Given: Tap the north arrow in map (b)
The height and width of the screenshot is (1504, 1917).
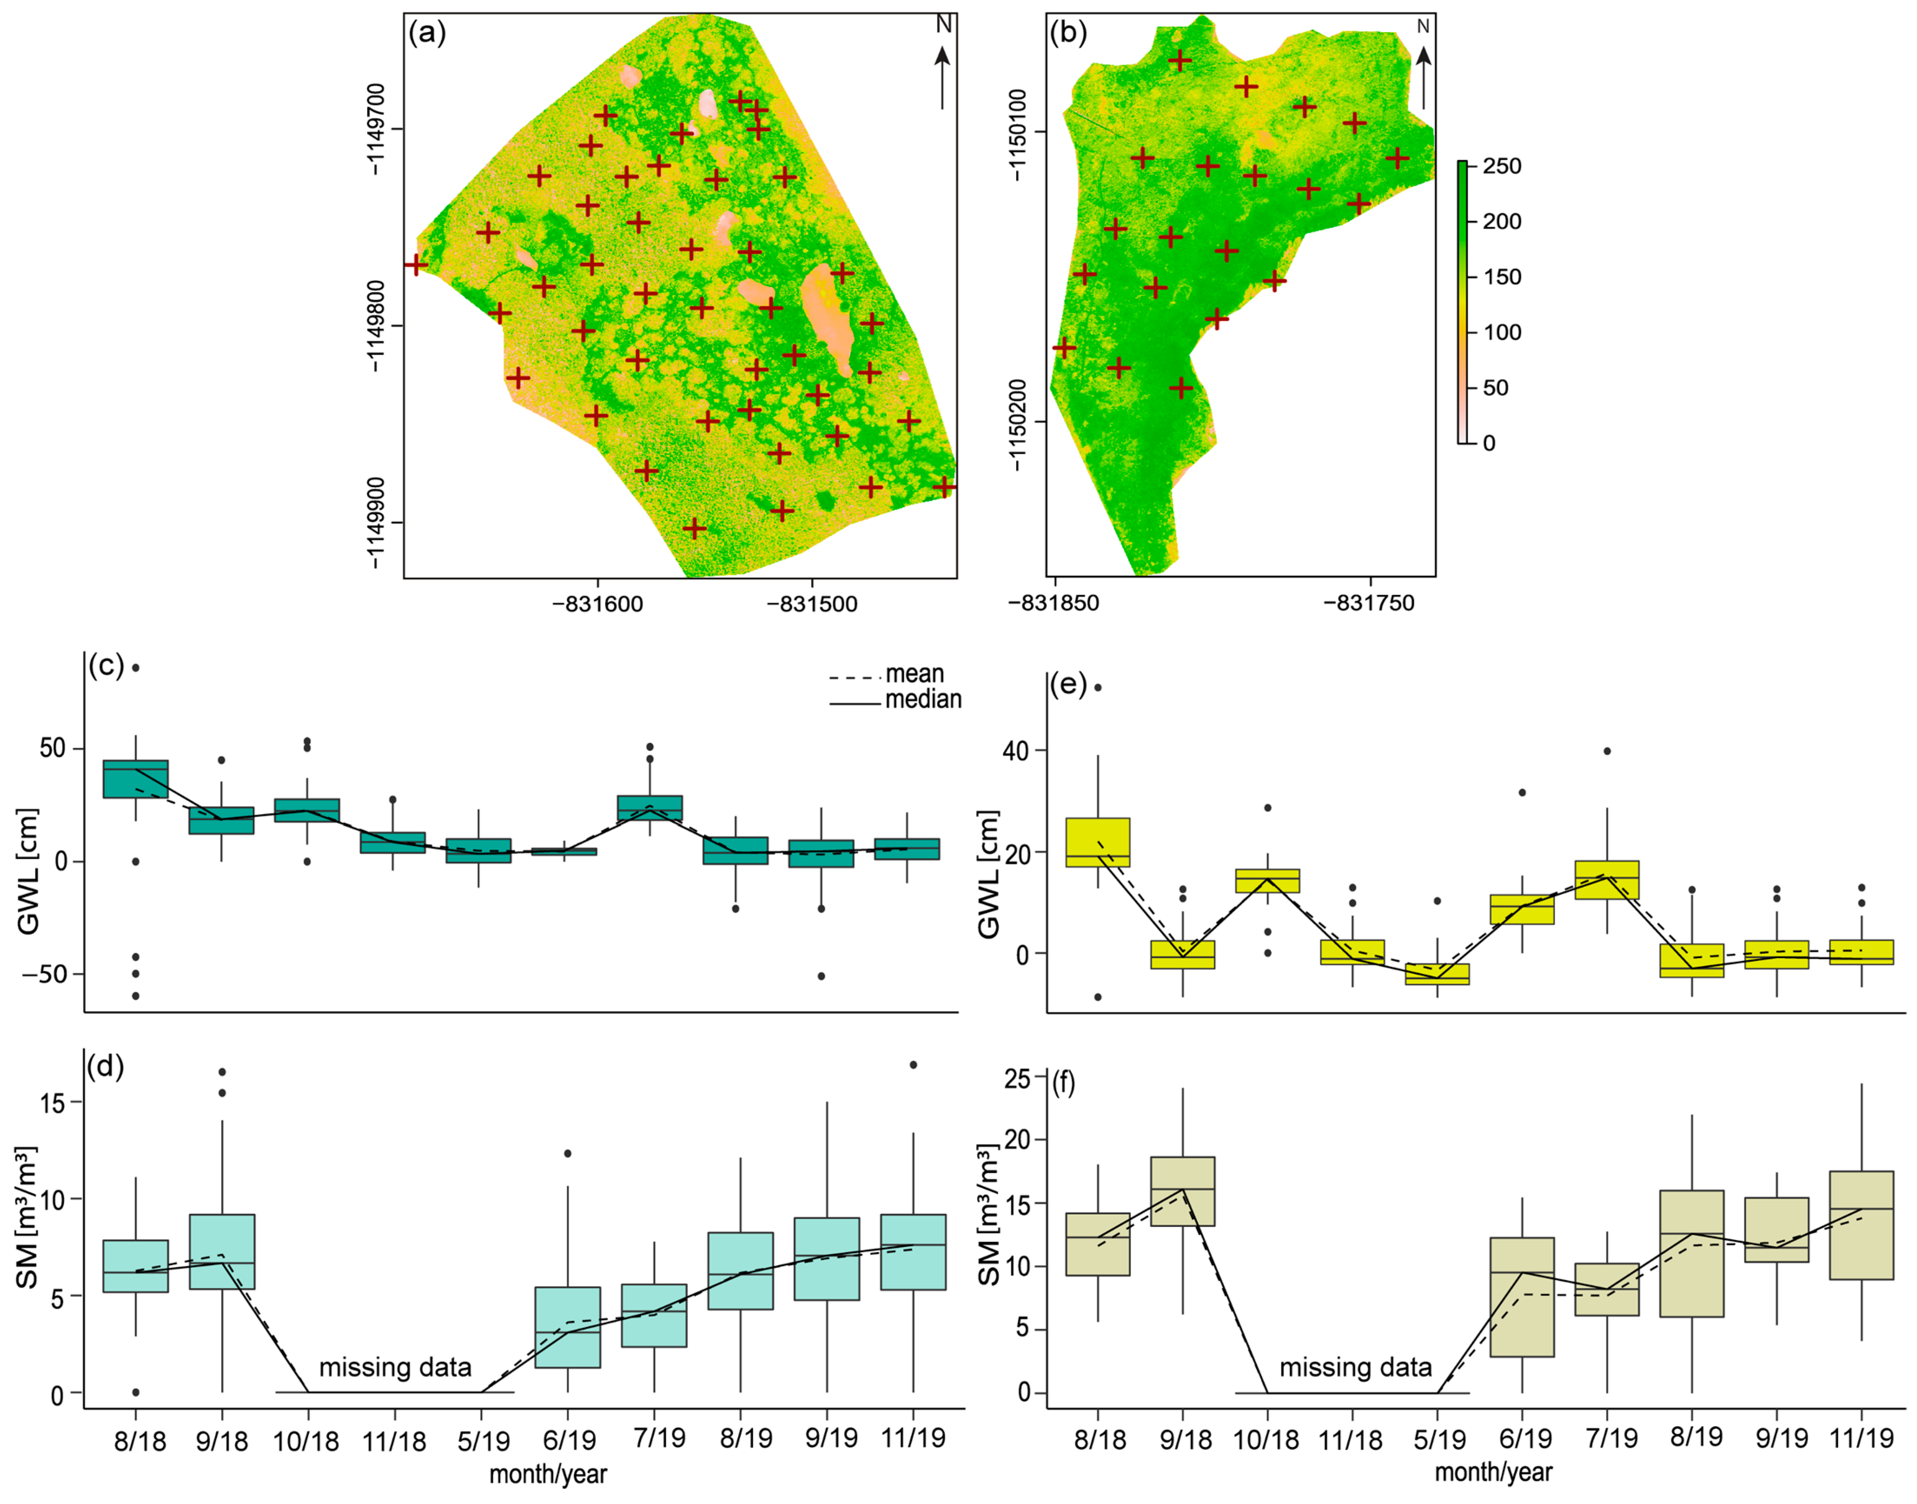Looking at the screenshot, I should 1423,66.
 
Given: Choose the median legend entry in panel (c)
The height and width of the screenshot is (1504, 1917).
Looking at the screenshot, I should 922,699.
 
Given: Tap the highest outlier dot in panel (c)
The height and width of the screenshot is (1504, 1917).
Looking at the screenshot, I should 136,667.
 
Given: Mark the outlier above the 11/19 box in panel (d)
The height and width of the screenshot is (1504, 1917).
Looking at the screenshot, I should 913,1065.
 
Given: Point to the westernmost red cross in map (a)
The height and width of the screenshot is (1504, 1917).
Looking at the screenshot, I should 415,264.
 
